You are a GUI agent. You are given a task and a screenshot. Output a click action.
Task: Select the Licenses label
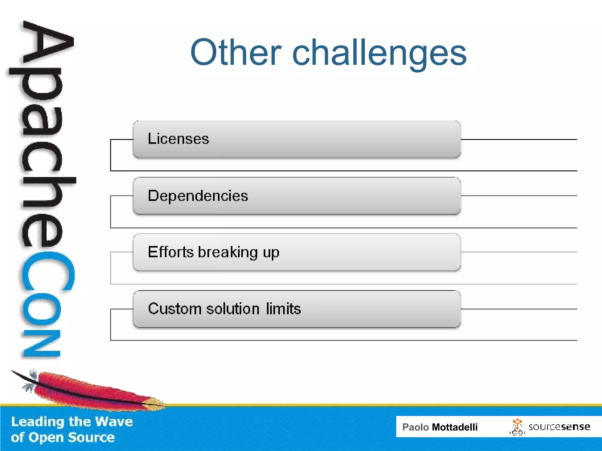coord(178,139)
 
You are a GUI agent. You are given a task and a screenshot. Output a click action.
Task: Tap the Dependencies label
coord(198,196)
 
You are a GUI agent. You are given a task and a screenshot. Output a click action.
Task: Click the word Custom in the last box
coord(175,309)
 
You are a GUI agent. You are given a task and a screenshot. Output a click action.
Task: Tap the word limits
coord(283,309)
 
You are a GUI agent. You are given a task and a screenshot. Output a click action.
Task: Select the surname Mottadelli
coord(454,427)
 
